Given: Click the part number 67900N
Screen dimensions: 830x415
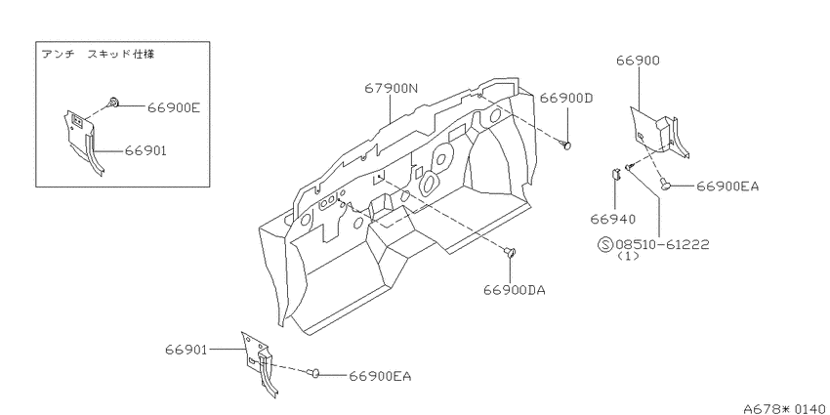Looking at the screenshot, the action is pos(391,89).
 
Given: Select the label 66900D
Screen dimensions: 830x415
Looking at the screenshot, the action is pos(566,98).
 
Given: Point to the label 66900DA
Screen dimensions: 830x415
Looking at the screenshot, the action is pos(514,290).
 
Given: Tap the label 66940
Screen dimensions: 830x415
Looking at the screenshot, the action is pos(614,219).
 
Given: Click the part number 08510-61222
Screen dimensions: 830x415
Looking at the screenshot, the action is pos(662,244).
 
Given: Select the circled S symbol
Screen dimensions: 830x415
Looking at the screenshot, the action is pos(605,244).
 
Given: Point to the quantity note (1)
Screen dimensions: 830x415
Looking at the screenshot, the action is pos(628,256).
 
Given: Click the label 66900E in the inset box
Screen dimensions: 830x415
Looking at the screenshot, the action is pos(174,107).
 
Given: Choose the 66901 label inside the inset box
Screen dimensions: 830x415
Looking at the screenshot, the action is pos(145,150).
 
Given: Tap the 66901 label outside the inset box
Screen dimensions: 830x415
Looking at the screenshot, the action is pos(186,350).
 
